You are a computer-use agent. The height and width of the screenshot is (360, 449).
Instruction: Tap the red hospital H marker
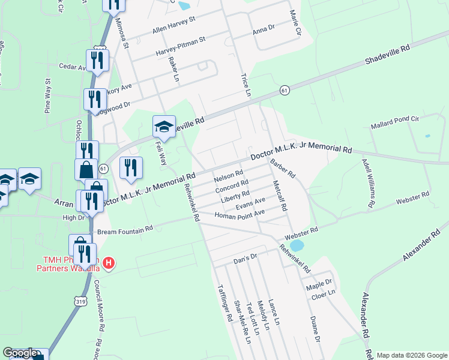(109, 262)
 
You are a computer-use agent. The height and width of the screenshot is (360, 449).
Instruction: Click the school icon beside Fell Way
(164, 127)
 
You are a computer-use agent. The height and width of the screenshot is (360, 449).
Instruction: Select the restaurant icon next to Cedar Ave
(96, 60)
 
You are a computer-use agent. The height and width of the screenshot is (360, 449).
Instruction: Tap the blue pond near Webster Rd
(295, 245)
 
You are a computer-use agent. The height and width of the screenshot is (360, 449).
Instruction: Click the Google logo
(20, 353)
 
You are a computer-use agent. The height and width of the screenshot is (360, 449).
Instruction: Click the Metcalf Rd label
(280, 196)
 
